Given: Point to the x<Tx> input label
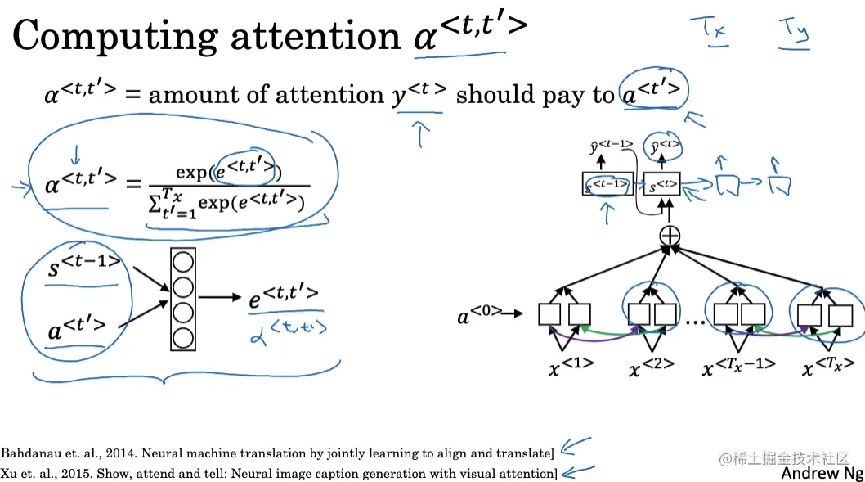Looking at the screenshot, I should point(827,366).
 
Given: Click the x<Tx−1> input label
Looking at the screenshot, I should point(739,366).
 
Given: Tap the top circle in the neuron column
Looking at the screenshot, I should point(184,264).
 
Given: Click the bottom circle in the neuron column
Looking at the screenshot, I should point(184,336).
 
